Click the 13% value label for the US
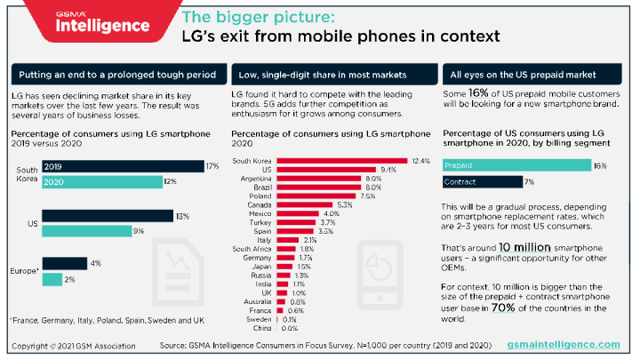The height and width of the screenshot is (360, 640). pos(182,216)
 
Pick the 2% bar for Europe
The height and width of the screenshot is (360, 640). pos(52,279)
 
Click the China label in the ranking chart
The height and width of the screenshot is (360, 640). pos(263,329)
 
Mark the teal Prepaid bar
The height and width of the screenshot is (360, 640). pos(516,165)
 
